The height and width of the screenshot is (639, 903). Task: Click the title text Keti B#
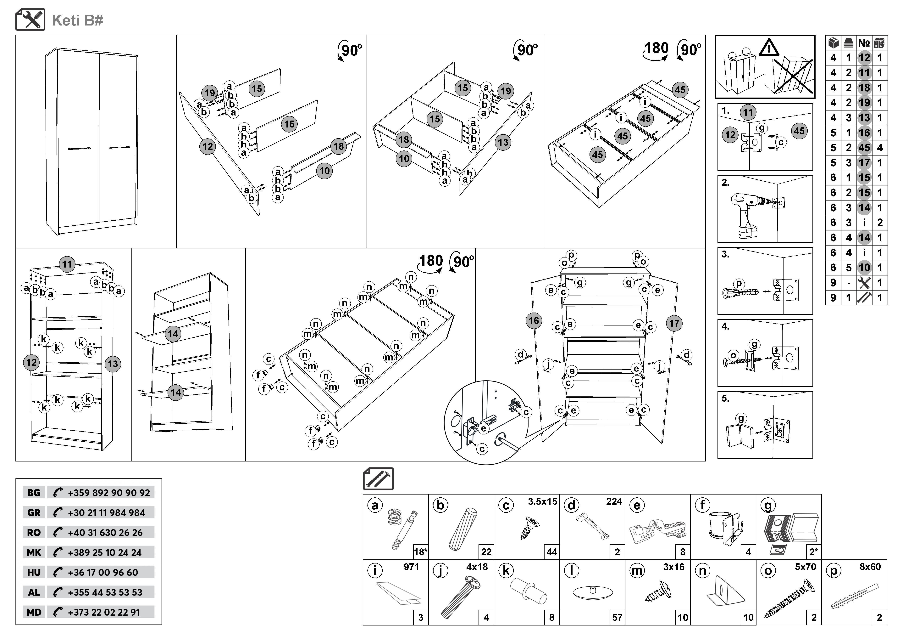[77, 20]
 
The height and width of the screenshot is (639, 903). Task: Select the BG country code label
[34, 493]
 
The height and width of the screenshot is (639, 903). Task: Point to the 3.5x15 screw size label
[542, 502]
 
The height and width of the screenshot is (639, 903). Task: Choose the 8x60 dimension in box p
[870, 567]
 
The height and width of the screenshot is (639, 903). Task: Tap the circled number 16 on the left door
[534, 321]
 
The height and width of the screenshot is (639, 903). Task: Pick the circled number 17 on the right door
[674, 323]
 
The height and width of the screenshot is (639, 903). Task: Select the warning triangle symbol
[769, 48]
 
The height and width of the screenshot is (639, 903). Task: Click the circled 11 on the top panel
[67, 264]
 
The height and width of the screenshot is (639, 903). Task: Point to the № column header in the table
[864, 43]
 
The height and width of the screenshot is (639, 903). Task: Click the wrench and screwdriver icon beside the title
[30, 20]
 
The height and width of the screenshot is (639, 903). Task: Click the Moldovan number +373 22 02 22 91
[104, 612]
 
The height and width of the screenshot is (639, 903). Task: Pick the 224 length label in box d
[614, 502]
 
